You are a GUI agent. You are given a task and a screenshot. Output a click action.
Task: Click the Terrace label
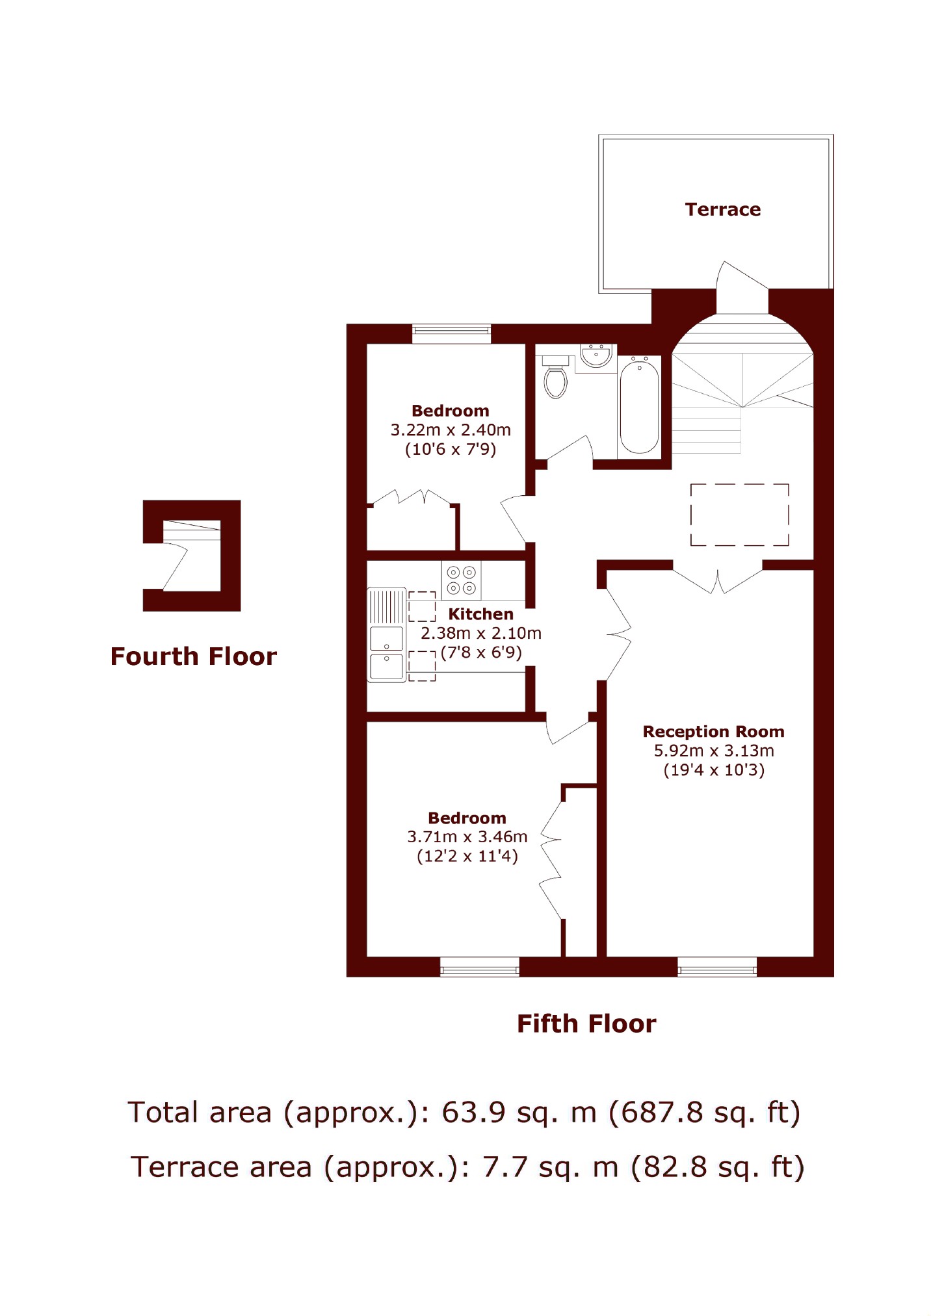click(x=722, y=209)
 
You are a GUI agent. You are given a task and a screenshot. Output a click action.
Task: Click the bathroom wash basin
click(x=596, y=356)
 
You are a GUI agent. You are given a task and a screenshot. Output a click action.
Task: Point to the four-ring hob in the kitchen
click(x=462, y=580)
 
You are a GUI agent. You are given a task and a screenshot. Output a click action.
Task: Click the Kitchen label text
click(x=480, y=614)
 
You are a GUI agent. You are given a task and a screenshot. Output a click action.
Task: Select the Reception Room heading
click(x=713, y=732)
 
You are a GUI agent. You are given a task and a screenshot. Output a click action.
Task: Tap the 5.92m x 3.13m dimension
click(x=714, y=751)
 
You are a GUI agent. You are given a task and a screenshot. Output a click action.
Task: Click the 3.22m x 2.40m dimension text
click(x=451, y=430)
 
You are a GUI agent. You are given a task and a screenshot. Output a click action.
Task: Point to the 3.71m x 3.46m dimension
click(x=467, y=837)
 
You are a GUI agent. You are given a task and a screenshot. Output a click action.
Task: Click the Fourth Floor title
click(x=194, y=656)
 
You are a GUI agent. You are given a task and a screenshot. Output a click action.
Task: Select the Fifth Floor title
click(x=586, y=1024)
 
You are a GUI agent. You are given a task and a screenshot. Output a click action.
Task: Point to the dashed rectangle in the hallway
click(x=740, y=515)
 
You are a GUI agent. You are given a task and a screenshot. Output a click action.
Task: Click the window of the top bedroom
click(x=452, y=334)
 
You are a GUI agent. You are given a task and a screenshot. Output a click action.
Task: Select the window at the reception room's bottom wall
click(x=717, y=966)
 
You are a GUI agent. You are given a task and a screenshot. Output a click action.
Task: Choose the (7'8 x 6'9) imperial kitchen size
click(x=481, y=652)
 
